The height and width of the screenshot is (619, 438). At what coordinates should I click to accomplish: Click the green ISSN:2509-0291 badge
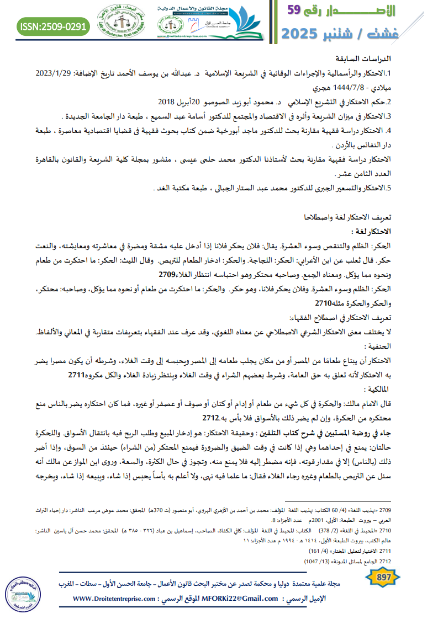[x=52, y=26]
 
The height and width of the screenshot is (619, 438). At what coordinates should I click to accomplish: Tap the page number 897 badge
[x=381, y=578]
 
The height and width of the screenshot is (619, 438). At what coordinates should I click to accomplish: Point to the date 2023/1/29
[x=56, y=73]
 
